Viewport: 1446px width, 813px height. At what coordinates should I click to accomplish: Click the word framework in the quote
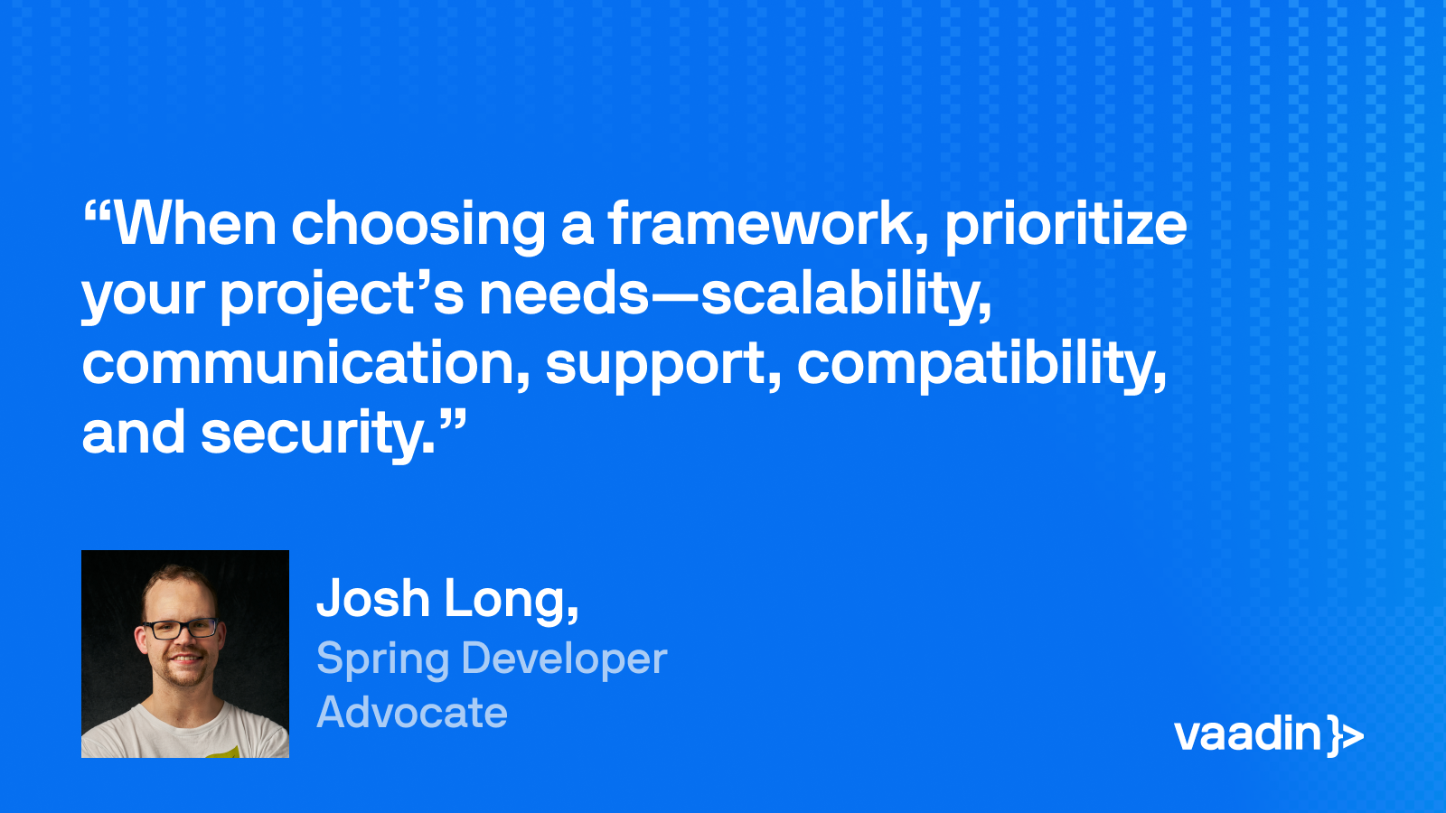(x=767, y=224)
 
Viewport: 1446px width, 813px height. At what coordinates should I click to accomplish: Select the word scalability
(x=846, y=294)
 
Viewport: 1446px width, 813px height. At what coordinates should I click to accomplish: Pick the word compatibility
(x=981, y=365)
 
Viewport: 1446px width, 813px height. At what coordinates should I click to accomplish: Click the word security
(x=316, y=435)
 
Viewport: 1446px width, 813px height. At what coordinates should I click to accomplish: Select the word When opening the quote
(x=195, y=224)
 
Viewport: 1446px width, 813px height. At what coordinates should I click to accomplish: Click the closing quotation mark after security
(x=454, y=419)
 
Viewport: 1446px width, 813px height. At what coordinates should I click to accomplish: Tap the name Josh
(x=373, y=598)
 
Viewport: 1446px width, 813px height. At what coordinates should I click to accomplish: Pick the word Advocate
(x=412, y=713)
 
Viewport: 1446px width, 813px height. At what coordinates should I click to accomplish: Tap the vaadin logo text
(x=1247, y=734)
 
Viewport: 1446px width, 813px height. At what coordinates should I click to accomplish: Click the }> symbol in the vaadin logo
(x=1346, y=735)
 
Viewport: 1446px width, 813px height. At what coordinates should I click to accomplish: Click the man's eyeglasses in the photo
(x=181, y=628)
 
